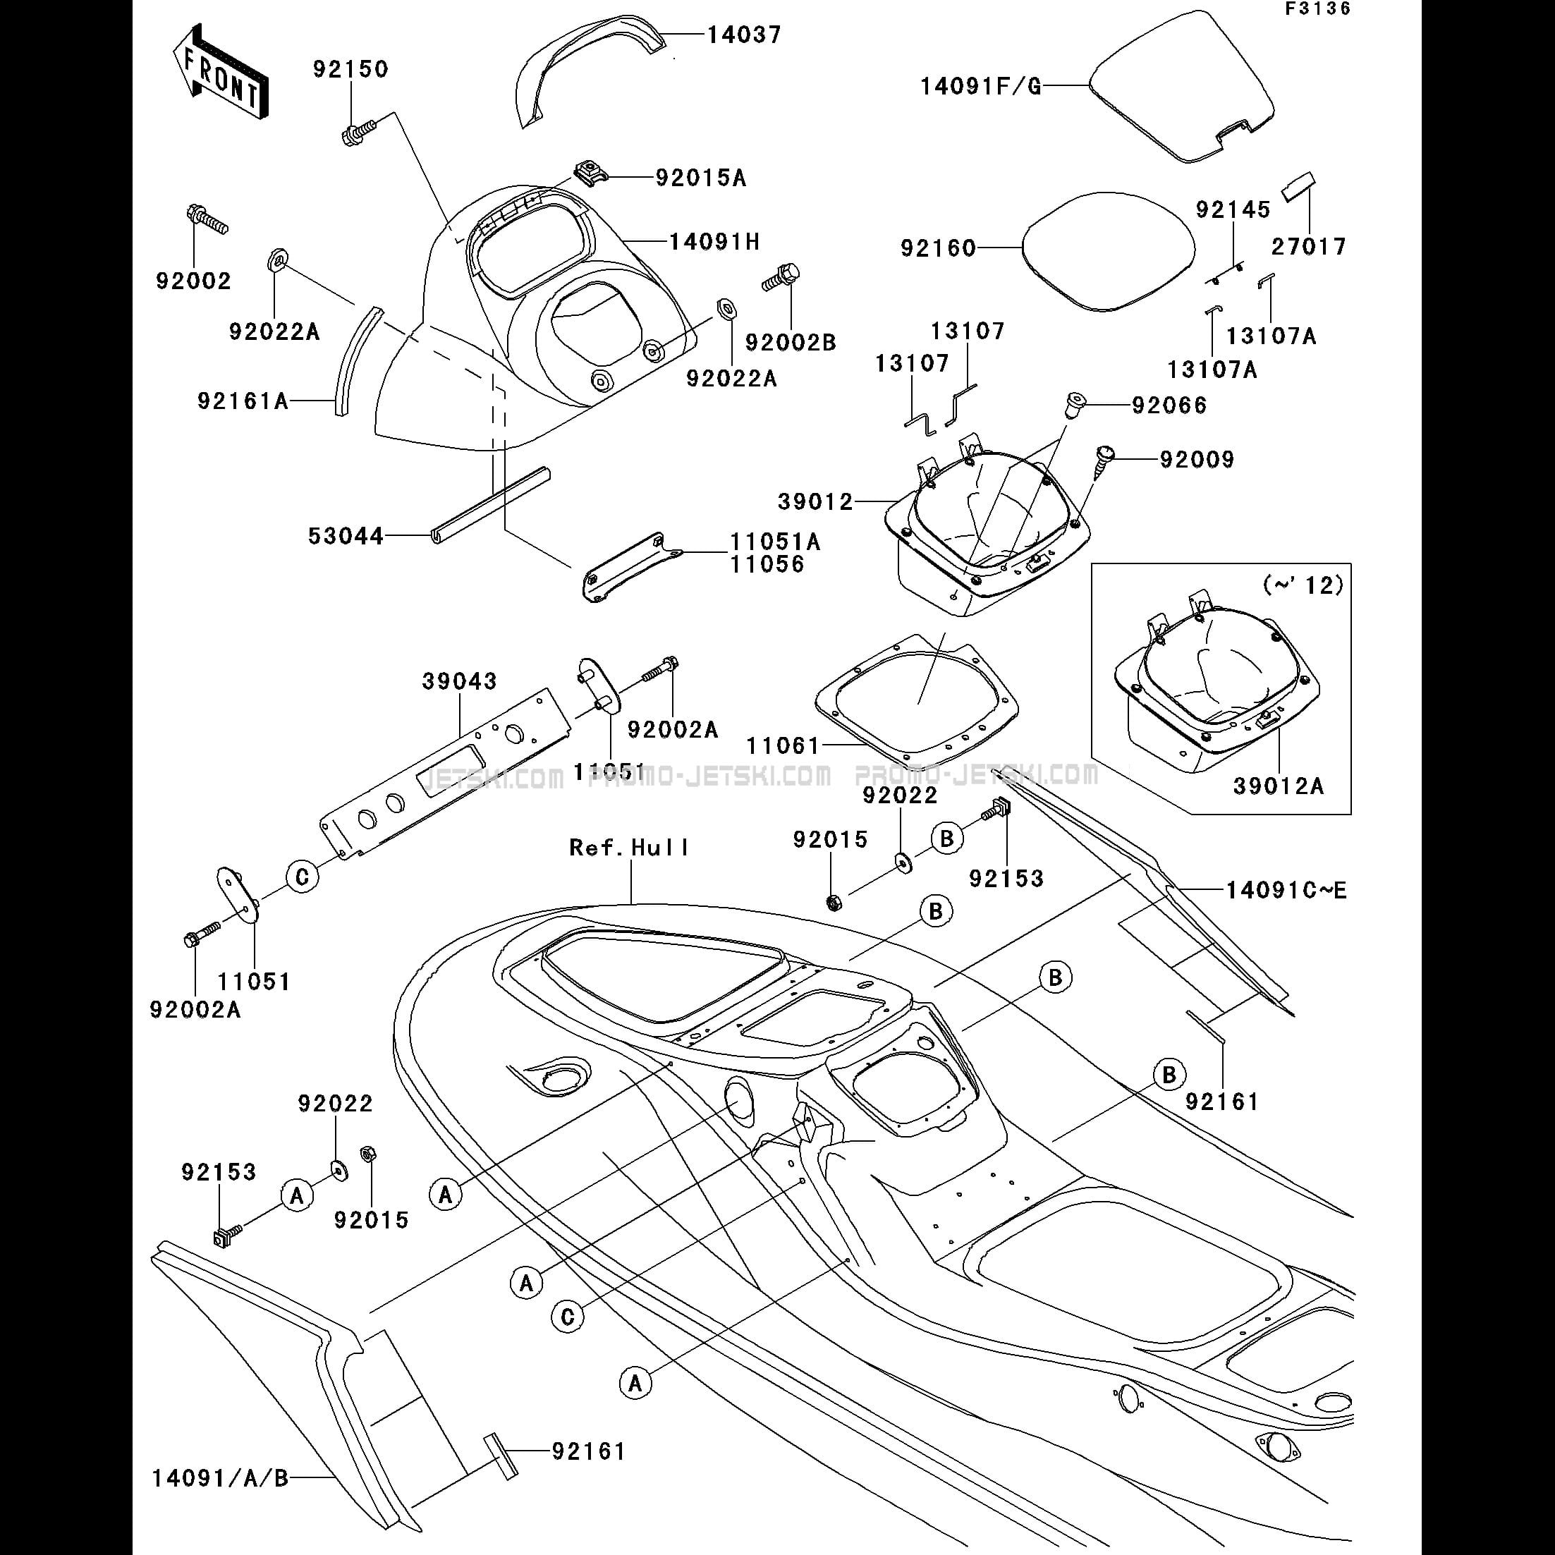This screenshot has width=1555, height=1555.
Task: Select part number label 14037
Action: coord(744,35)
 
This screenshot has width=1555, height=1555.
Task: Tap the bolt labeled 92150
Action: coord(358,131)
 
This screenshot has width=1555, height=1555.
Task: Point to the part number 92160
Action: coord(938,248)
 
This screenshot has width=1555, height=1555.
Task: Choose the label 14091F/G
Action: coord(981,86)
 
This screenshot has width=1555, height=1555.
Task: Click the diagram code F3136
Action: coord(1317,10)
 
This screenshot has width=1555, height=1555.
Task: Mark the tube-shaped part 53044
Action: coord(490,506)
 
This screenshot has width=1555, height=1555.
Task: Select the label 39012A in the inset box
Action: coord(1277,786)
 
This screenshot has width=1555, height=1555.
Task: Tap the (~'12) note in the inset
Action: coord(1303,585)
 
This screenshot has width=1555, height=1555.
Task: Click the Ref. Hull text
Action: coord(629,848)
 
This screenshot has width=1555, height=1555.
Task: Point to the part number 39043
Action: coord(460,681)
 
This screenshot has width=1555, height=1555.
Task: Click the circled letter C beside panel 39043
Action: coord(303,877)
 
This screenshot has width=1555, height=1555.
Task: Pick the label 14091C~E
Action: coord(1286,890)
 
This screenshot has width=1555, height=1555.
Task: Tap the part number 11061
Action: coord(782,746)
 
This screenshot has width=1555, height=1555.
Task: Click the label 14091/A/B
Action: coord(220,1479)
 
